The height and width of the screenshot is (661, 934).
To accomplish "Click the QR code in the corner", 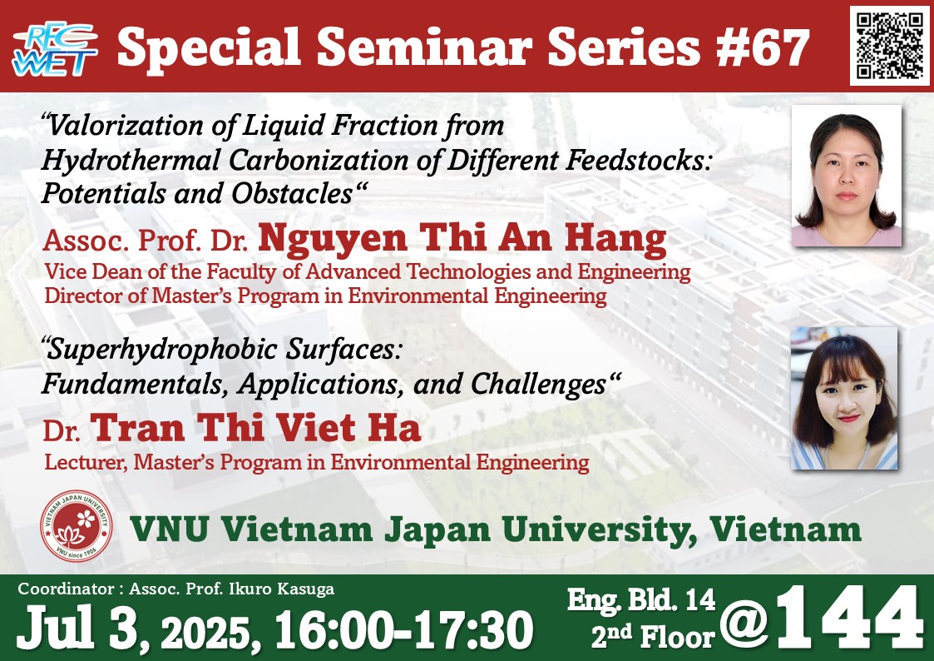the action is point(890,46).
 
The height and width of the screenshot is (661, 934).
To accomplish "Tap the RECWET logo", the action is point(55,49).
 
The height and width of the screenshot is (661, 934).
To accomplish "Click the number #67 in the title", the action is point(763,48).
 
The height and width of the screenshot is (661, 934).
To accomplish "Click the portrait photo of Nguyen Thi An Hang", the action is point(846,176).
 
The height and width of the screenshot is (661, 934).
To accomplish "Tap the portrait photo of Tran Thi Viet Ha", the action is point(844,398).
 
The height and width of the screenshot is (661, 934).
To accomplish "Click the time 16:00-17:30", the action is point(404,629).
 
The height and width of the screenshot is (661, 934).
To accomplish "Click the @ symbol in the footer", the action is point(744,623).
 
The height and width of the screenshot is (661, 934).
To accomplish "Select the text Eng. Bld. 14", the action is point(641,599).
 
